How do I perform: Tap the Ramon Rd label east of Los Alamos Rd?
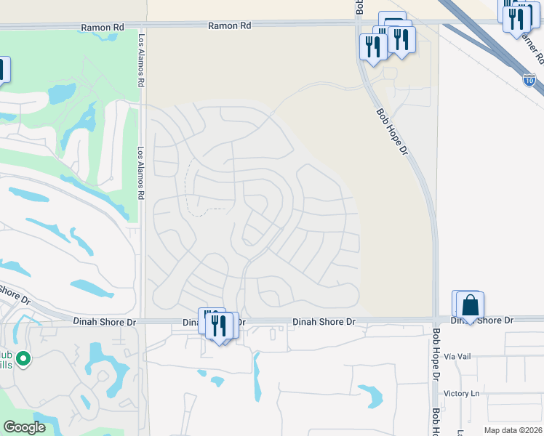tap(229, 25)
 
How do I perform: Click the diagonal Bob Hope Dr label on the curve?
tap(391, 132)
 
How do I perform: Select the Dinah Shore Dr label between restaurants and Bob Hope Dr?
tap(324, 321)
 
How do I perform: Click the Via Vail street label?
tap(458, 357)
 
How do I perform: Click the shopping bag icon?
tap(471, 305)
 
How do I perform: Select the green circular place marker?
tap(23, 358)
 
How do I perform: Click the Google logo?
tap(23, 427)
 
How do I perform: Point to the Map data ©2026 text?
tap(513, 430)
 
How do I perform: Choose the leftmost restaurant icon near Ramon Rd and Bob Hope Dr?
tap(373, 47)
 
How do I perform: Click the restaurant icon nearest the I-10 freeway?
tap(516, 19)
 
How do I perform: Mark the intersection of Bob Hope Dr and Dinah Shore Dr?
tap(435, 319)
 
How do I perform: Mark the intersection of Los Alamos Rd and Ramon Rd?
tap(143, 27)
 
